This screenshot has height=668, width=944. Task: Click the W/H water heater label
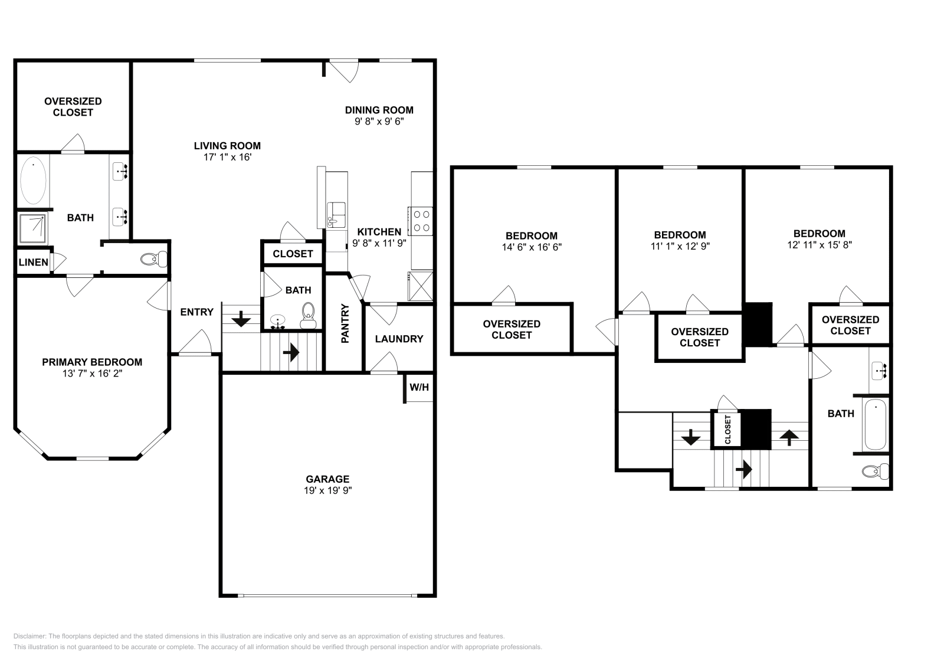tap(419, 388)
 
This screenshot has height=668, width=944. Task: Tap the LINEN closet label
tap(33, 262)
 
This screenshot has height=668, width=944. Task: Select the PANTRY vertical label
tap(345, 323)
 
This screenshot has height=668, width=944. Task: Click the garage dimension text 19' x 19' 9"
tap(327, 490)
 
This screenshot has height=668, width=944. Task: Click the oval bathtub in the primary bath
tap(33, 181)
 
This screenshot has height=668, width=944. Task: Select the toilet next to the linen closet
tap(155, 258)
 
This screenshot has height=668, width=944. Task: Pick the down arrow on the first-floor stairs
tap(240, 320)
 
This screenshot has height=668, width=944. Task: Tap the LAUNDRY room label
tap(399, 339)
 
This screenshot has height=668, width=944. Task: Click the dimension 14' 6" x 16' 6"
tap(532, 247)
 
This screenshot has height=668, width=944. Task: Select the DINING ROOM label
tap(379, 110)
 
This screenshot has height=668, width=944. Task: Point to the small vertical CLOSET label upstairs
tap(727, 429)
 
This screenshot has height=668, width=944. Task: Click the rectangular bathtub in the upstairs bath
tap(875, 424)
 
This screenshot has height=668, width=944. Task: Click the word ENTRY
tap(196, 312)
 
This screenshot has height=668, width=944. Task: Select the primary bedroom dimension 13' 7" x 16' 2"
tap(92, 374)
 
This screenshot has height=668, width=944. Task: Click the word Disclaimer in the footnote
tap(29, 636)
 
